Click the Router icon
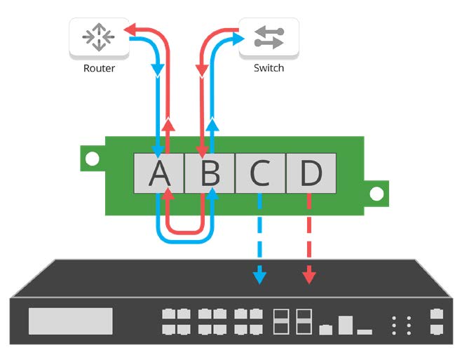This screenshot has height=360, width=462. coord(98,38)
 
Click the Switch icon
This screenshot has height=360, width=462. coord(269,38)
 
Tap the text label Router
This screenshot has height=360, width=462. coord(99,69)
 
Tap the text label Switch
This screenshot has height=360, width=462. coord(269,69)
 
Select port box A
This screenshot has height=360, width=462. coord(159,173)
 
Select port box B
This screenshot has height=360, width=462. coord(210,173)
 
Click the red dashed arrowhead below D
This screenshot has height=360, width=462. coord(308,276)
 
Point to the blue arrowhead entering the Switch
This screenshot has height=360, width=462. coord(234,31)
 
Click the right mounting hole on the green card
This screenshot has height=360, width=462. coord(376,192)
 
